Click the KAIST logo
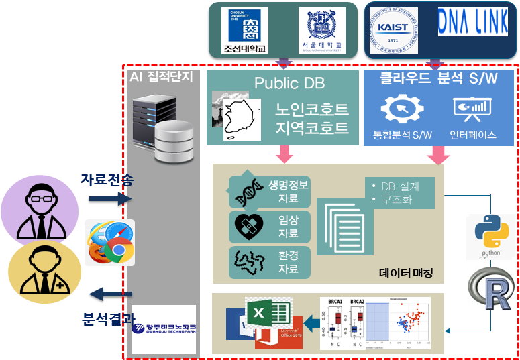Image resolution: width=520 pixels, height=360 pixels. (398, 30)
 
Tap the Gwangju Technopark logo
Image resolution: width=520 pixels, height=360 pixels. (164, 328)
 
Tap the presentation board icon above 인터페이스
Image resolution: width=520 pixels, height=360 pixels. (472, 109)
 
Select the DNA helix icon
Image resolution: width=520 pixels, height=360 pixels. (248, 193)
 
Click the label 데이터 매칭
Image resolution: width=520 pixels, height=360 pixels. (407, 273)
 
